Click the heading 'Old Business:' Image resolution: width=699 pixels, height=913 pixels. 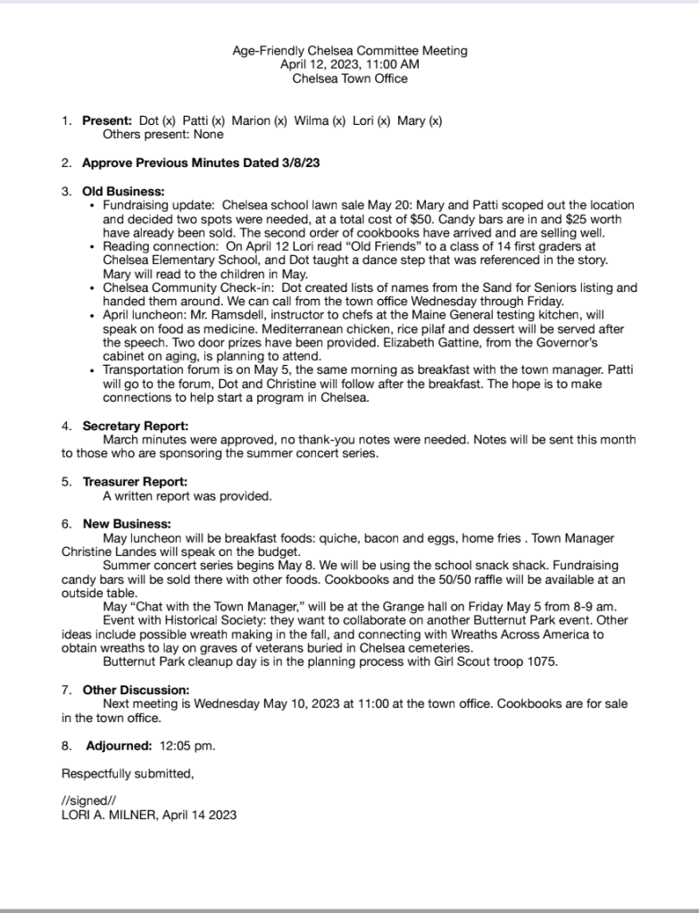pos(123,191)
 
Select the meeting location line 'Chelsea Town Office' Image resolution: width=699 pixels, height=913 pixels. pos(350,79)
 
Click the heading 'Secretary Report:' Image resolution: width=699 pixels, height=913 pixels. pos(136,426)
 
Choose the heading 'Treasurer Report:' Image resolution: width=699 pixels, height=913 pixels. pos(136,482)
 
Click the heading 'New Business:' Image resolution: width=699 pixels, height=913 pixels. pos(127,524)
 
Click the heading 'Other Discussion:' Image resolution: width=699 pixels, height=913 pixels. pos(136,690)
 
